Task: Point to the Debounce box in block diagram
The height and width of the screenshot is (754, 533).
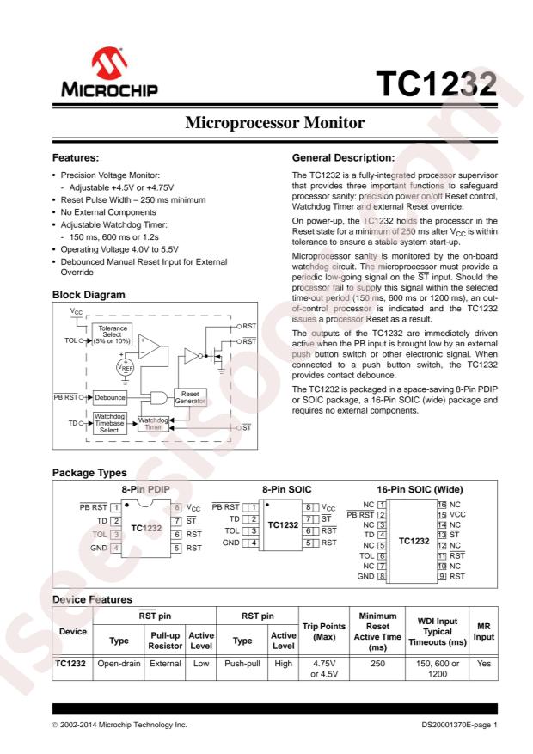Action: [x=110, y=398]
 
